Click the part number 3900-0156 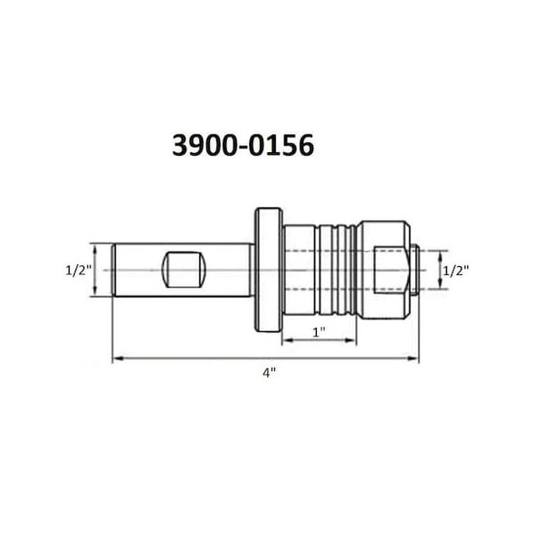coord(243,146)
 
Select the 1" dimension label coord(318,331)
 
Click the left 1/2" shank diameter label coord(77,269)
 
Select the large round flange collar coord(265,269)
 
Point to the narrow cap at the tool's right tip coord(412,269)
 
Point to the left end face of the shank coord(114,269)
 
